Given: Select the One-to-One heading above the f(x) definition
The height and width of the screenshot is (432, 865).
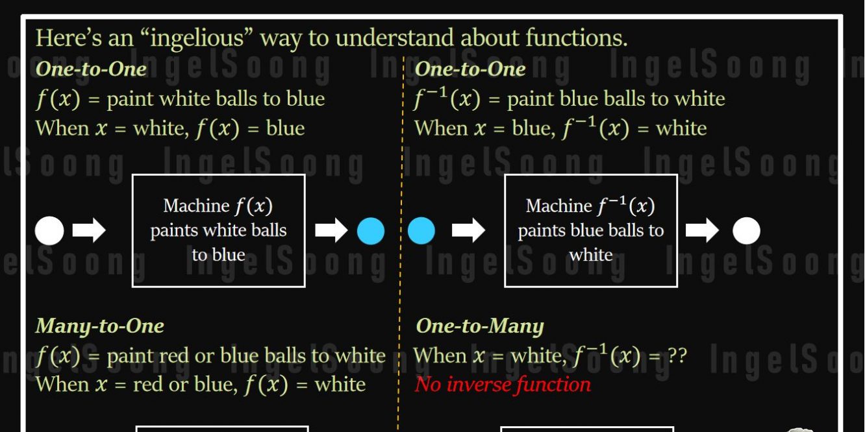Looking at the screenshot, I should click(91, 68).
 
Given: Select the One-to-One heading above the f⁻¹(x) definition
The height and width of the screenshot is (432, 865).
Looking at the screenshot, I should click(470, 68).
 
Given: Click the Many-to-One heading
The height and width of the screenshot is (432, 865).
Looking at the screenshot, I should click(99, 326).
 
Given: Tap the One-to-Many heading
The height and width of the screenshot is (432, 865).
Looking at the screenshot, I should click(480, 326).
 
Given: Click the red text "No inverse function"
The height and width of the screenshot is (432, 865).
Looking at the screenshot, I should click(503, 385).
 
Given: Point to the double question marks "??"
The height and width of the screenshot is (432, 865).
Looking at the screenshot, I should click(677, 355).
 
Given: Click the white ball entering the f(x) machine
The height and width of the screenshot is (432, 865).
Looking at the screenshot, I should click(49, 231).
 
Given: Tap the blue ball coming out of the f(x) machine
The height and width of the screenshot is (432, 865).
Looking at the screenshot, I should click(371, 231).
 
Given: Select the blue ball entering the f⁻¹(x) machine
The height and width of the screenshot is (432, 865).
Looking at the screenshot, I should click(421, 231).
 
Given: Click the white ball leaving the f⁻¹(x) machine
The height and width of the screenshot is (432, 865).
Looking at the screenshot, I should click(746, 231).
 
